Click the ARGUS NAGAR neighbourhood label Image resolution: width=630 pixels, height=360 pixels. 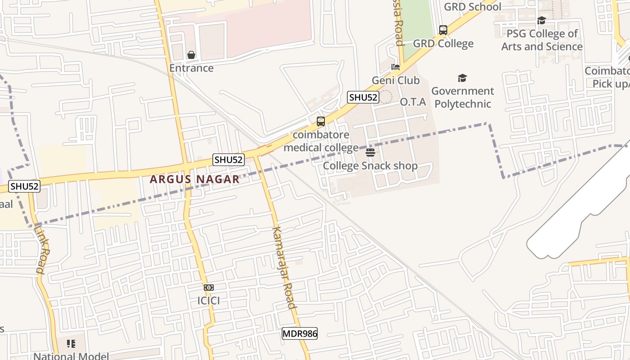point(194,179)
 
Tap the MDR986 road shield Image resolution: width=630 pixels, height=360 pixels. point(300,333)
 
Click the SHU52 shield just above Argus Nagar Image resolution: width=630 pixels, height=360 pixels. point(229,159)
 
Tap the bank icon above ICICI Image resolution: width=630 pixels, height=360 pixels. point(208,288)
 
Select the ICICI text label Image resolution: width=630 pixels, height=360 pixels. point(208,301)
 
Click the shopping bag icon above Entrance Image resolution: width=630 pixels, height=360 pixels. point(191,55)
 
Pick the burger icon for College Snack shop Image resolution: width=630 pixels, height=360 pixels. point(370,153)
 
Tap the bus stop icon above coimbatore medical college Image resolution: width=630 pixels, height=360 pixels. point(320,121)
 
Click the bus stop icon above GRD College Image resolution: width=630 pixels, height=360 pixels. point(443,30)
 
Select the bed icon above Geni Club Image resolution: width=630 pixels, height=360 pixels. point(396,67)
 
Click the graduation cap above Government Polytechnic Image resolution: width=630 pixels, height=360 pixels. point(462,78)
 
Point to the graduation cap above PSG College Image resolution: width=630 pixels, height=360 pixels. point(542,21)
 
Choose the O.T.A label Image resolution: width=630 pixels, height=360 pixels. point(413,102)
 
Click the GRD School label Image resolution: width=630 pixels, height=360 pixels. point(472,7)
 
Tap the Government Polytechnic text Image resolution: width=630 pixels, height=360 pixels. point(462,97)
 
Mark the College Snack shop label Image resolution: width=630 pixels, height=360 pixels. point(370,166)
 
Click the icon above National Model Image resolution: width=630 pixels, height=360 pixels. point(71,344)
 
